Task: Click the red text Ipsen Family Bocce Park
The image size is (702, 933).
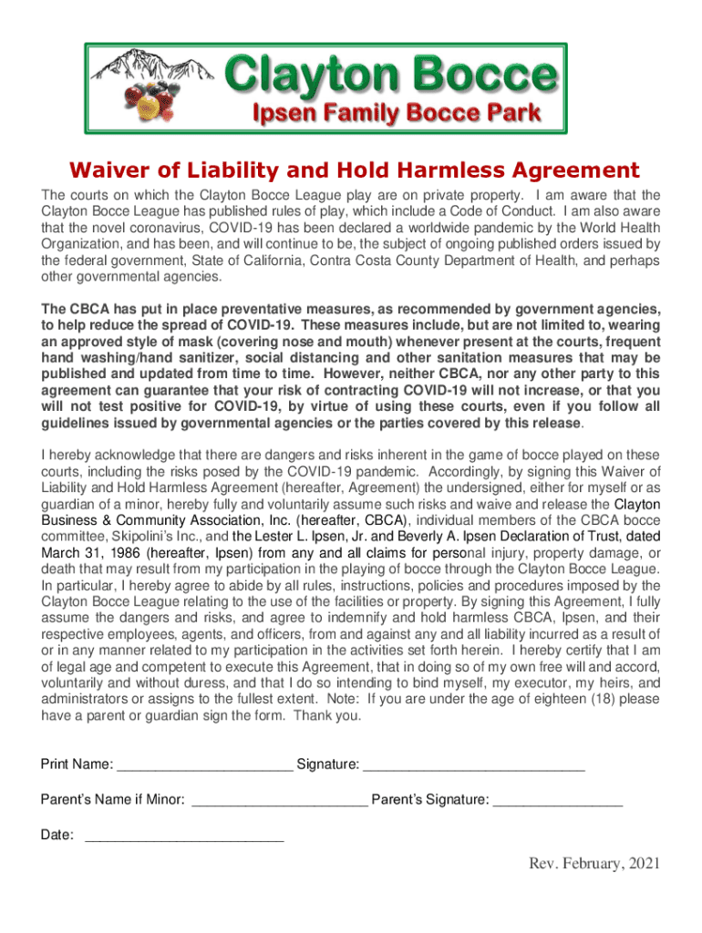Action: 396,114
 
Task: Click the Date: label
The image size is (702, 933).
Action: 57,835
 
